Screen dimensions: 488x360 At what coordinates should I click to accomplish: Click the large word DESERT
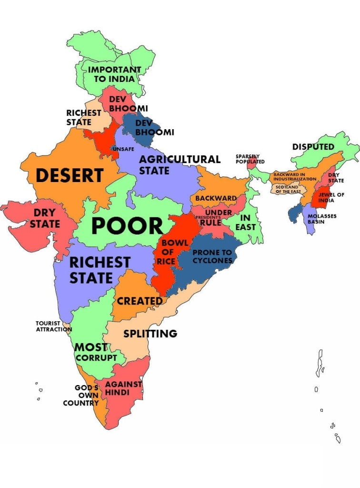[70, 175]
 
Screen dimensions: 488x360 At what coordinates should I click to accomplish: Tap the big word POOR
[127, 226]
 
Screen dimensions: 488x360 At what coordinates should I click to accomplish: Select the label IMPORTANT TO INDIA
[114, 74]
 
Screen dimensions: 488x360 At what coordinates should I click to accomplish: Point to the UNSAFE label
[123, 149]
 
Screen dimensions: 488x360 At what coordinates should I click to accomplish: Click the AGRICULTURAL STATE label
[180, 164]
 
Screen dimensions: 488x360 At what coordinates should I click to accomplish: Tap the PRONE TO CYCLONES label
[212, 256]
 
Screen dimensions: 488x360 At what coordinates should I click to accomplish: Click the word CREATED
[140, 301]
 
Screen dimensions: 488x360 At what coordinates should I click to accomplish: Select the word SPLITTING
[150, 334]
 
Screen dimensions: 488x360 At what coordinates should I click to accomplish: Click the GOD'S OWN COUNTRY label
[81, 396]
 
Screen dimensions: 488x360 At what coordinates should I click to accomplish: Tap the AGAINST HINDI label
[123, 388]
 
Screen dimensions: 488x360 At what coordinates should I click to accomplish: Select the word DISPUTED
[313, 147]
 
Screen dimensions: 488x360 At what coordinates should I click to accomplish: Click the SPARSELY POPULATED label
[250, 159]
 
